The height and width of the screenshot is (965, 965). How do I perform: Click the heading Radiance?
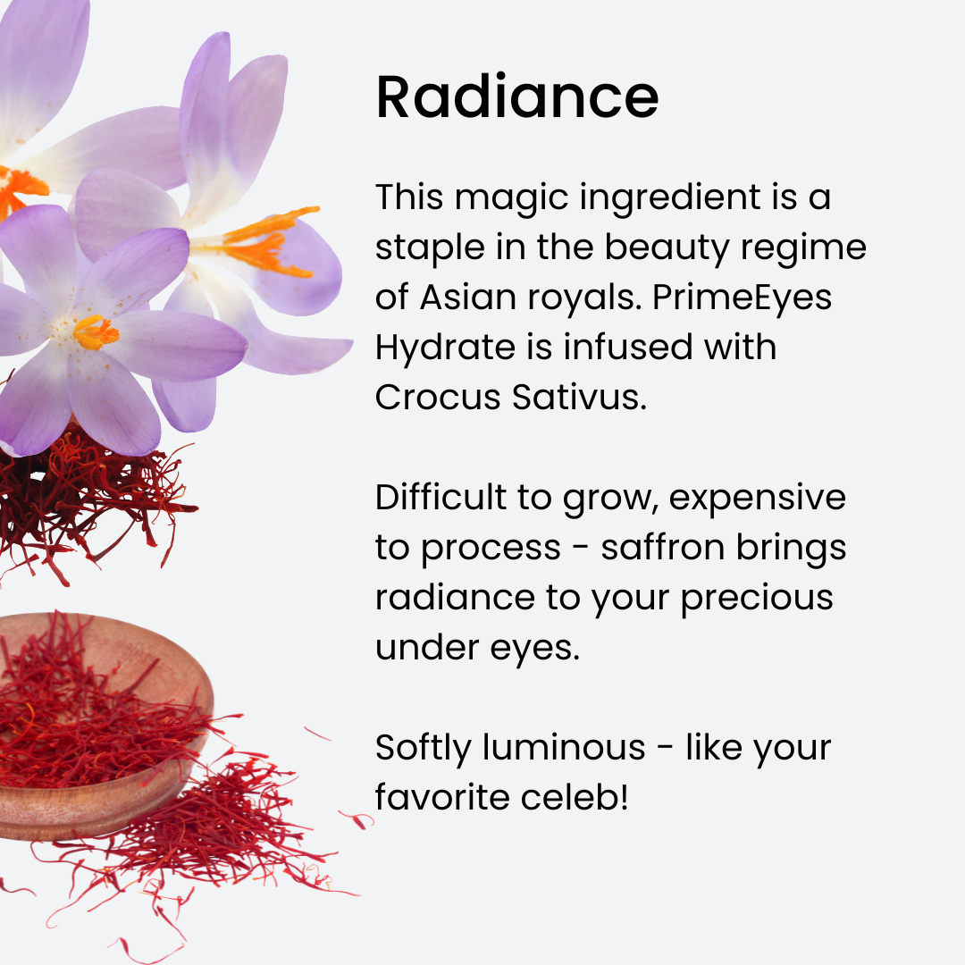click(517, 96)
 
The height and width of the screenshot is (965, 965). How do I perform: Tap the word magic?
click(512, 198)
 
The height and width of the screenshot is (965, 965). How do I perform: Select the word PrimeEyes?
click(743, 298)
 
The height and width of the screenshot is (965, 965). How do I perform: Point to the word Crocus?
click(438, 397)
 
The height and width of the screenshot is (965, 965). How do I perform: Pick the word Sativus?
click(579, 397)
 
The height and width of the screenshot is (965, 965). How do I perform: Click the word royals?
click(584, 298)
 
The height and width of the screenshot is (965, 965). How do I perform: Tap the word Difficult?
click(441, 497)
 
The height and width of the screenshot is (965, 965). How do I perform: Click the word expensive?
click(758, 499)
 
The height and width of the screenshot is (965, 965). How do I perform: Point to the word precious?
click(757, 599)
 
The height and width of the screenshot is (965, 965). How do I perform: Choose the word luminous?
click(564, 747)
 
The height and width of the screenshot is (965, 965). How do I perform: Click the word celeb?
click(575, 797)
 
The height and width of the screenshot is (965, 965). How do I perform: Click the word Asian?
click(468, 298)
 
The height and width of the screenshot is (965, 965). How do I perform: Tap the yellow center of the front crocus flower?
click(96, 332)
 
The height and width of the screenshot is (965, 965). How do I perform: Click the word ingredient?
click(670, 198)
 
